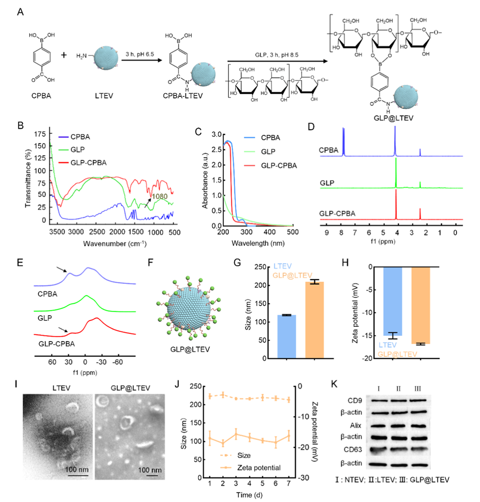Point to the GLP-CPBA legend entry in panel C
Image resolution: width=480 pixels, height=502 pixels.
pyautogui.click(x=279, y=166)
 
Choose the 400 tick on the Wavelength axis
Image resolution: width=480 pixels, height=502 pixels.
pyautogui.click(x=270, y=232)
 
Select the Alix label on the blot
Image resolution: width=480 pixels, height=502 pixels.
pyautogui.click(x=355, y=425)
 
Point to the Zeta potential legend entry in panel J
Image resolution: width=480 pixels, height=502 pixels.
pyautogui.click(x=258, y=467)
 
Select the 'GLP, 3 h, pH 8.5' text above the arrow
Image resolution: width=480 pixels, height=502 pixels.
pyautogui.click(x=276, y=55)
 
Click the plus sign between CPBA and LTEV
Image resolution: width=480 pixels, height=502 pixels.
pyautogui.click(x=64, y=55)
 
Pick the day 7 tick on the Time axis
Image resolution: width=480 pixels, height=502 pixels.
pyautogui.click(x=289, y=483)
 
